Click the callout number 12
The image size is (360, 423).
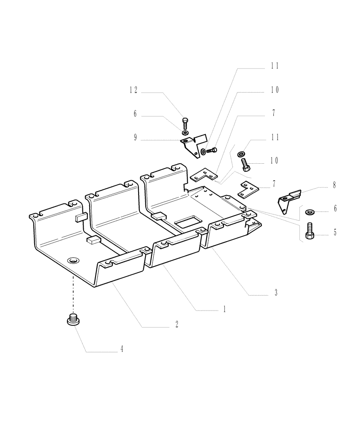[x=134, y=91]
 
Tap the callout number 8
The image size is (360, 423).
[x=334, y=185]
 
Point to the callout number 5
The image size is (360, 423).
[x=335, y=232]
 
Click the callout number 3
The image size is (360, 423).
[x=275, y=292]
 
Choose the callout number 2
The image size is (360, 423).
[x=177, y=324]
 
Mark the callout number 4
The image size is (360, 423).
[x=122, y=349]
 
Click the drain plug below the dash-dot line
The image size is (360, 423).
[x=74, y=320]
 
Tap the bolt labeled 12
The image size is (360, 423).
[x=185, y=124]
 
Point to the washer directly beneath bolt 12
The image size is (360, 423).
[x=185, y=133]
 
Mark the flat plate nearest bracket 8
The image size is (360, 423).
[x=248, y=189]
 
